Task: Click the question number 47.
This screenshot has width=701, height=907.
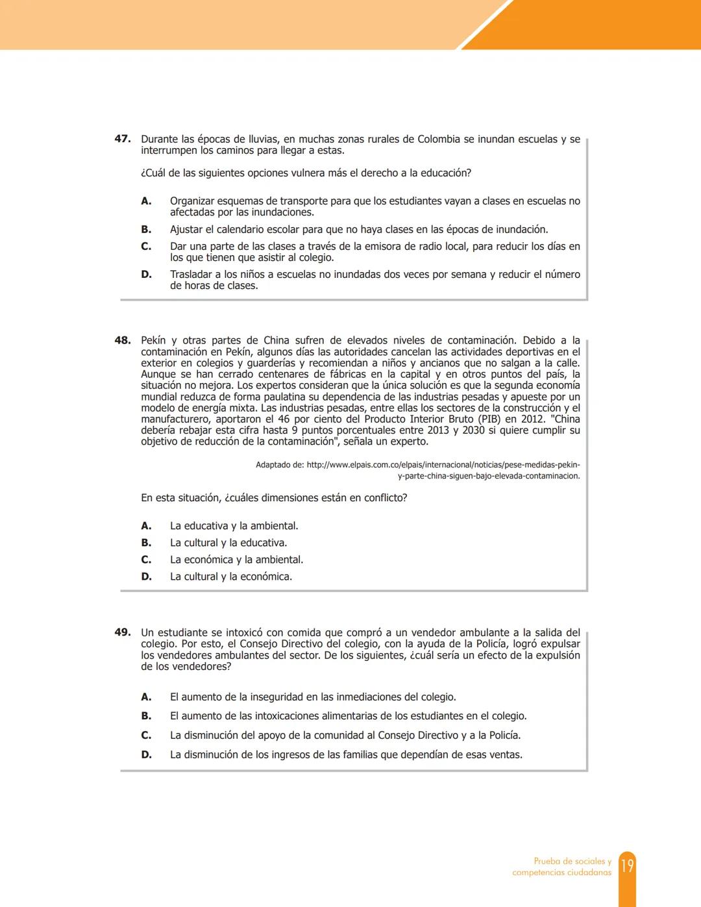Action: point(123,139)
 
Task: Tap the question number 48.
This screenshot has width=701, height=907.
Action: point(123,340)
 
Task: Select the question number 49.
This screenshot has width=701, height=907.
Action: point(123,632)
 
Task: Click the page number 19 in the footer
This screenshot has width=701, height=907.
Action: point(627,866)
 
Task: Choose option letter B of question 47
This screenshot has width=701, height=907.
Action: point(146,229)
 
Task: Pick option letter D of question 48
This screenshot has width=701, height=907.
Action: point(146,577)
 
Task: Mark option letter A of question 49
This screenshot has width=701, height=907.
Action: point(146,697)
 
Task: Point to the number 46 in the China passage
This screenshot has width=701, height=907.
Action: point(283,419)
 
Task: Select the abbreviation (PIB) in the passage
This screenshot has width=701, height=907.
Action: point(479,419)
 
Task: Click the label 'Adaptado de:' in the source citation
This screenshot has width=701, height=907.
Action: point(279,465)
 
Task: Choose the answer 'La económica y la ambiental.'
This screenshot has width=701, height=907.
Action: point(236,560)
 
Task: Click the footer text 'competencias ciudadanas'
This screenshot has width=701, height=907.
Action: point(561,873)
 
